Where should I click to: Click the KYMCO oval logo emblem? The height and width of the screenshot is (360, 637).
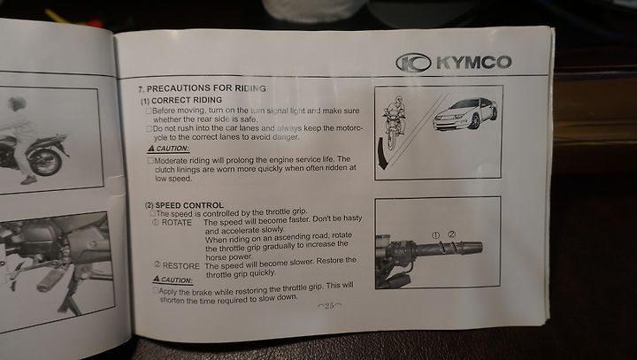[x=413, y=63]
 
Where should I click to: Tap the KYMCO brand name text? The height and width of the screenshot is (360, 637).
[x=473, y=63]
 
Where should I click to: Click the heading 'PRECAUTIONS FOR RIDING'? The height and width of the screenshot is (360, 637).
[x=206, y=88]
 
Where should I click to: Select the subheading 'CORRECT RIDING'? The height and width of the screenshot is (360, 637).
[x=187, y=100]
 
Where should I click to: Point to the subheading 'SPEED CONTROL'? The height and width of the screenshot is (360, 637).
[x=189, y=205]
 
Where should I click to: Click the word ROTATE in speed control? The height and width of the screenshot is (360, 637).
[x=177, y=223]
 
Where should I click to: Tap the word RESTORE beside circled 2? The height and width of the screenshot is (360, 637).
[x=180, y=266]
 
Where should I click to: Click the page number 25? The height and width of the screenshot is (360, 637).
[x=329, y=305]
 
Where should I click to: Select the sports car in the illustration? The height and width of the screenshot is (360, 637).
[x=465, y=113]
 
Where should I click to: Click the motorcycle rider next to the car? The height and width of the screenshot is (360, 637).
[x=393, y=121]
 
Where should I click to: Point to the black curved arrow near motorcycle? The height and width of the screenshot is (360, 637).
[x=382, y=154]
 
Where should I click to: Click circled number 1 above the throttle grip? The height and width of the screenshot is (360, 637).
[x=435, y=235]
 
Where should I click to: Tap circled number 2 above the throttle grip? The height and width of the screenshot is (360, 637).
[x=452, y=234]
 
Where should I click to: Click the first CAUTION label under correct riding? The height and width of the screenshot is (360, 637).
[x=169, y=149]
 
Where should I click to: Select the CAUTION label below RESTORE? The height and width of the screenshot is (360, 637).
[x=173, y=280]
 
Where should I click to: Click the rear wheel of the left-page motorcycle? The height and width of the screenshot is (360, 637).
[x=45, y=160]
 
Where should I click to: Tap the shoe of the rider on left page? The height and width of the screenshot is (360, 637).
[x=29, y=180]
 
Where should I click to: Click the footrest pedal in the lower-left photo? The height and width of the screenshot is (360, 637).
[x=50, y=280]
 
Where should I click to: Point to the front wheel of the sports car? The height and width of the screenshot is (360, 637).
[x=474, y=121]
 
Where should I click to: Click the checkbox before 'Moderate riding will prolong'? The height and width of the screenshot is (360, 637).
[x=150, y=160]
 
